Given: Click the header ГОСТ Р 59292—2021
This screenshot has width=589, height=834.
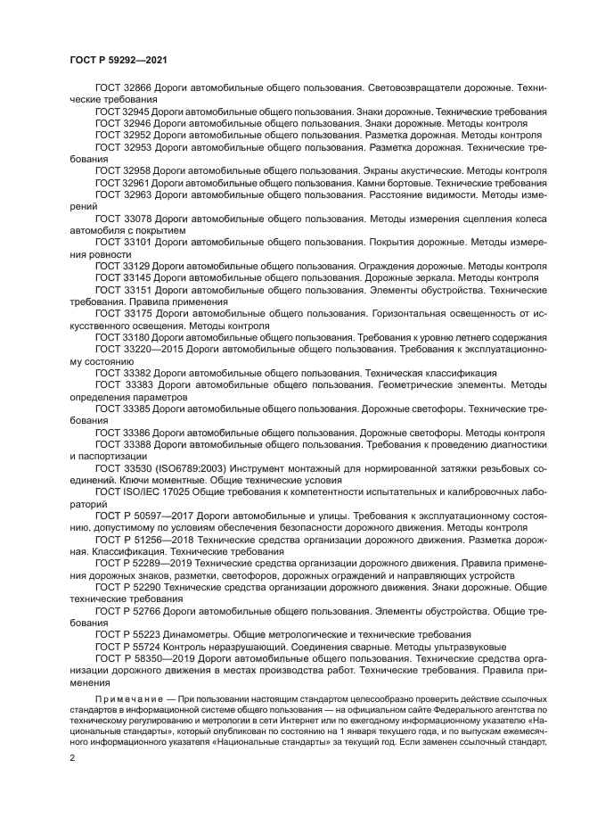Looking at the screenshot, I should tap(119, 60).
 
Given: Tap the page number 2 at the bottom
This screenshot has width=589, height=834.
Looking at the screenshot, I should tap(71, 756).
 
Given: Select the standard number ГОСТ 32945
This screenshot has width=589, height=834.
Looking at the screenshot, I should tap(122, 112).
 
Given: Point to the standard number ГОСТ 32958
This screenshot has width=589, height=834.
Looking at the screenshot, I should tap(122, 169).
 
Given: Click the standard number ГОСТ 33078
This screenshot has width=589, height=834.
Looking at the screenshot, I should tap(122, 218).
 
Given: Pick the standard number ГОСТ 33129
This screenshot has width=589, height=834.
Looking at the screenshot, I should tap(122, 266).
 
